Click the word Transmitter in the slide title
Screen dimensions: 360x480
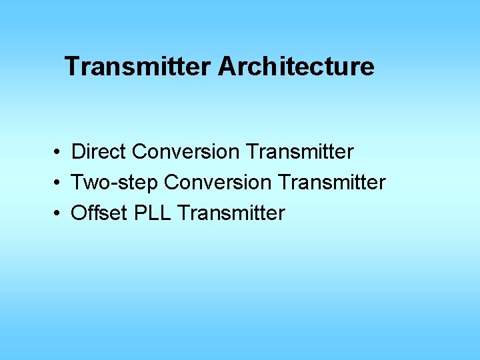138,67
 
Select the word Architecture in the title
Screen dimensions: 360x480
296,67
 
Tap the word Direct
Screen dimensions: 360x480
99,152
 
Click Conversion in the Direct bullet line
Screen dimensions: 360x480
185,152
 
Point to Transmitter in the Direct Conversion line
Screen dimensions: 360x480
299,152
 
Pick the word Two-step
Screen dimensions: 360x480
115,183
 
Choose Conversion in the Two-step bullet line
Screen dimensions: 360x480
217,183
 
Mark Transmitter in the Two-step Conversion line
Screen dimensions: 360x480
331,183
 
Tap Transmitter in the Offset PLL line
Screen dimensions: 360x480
232,213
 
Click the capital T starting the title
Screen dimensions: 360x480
72,67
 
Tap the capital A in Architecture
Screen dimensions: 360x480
225,67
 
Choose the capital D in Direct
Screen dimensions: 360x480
79,152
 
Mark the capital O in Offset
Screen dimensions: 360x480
79,213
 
